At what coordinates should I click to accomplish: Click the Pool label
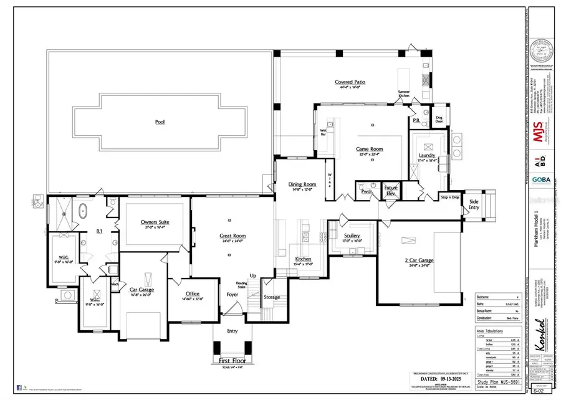tap(160, 123)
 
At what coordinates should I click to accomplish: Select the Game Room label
tap(369, 149)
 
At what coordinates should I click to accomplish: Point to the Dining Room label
tap(302, 184)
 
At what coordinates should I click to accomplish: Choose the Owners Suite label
tap(156, 222)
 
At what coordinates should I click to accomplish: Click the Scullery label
tap(352, 236)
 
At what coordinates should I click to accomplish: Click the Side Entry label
tap(474, 204)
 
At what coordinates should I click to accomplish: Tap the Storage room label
tap(272, 297)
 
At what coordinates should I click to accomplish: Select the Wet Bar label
tap(324, 132)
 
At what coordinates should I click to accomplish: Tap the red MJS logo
tap(539, 133)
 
